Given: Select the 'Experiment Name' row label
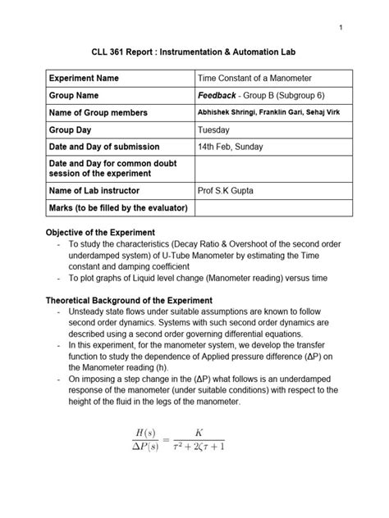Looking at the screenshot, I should coord(85,78).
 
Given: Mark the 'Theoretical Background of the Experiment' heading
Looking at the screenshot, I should coord(130,301).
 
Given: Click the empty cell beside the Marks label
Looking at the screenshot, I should coord(274,208).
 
